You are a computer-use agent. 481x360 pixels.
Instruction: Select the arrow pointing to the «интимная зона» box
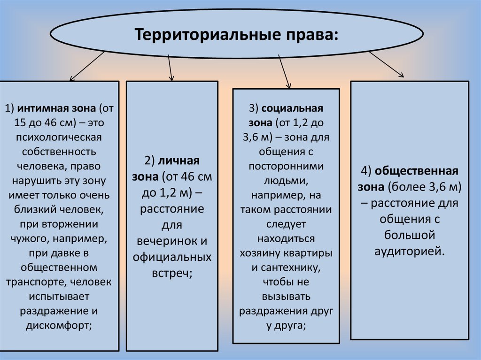click(x=87, y=66)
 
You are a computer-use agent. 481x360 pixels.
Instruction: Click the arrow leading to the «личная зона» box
click(x=170, y=65)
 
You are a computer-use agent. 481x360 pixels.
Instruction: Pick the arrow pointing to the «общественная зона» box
click(x=386, y=64)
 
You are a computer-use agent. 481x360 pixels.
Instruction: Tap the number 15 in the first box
click(x=21, y=123)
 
